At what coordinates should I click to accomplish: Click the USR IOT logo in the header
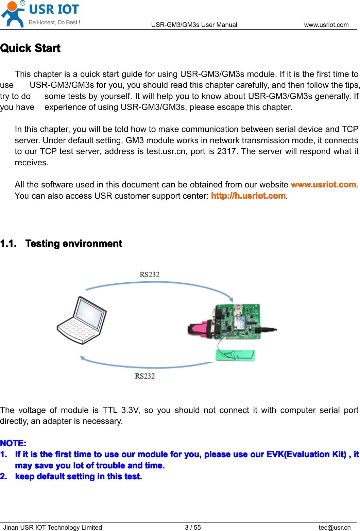[x=41, y=14]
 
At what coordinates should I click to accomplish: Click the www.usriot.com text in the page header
[x=326, y=25]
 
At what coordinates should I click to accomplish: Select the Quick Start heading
[x=30, y=48]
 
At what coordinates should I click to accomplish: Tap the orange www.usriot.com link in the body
[x=323, y=185]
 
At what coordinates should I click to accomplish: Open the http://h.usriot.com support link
[x=248, y=196]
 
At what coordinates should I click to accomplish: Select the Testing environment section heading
[x=73, y=244]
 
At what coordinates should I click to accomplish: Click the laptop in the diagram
[x=82, y=320]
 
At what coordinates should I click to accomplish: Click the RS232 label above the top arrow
[x=150, y=275]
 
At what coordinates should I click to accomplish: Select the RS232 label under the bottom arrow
[x=145, y=376]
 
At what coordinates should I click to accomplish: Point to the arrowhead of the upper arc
[x=231, y=299]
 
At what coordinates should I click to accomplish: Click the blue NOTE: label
[x=13, y=443]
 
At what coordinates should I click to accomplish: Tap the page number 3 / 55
[x=193, y=527]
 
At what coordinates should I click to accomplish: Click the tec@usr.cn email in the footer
[x=335, y=527]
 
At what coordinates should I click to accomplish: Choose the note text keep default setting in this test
[x=79, y=477]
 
